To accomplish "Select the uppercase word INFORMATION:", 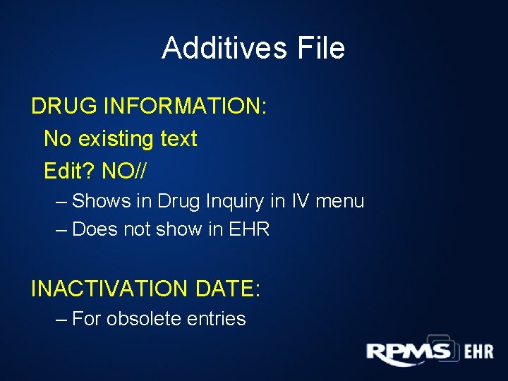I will [x=186, y=107].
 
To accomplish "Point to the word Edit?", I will [x=70, y=171].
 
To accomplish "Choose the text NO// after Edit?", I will [x=125, y=171].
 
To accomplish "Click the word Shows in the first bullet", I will [x=102, y=202].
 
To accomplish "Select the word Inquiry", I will [x=232, y=202].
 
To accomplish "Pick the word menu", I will [x=340, y=202].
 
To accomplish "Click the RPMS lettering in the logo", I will [x=409, y=352].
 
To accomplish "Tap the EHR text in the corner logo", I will [x=478, y=351].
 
